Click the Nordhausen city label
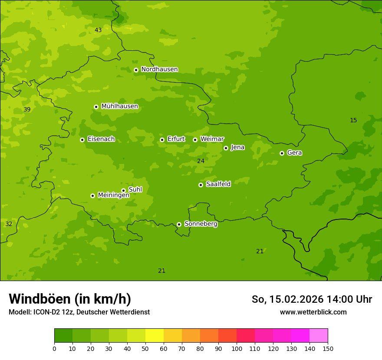[159, 69]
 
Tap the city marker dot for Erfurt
[162, 140]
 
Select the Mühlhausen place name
[119, 106]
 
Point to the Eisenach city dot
[82, 140]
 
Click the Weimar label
[212, 139]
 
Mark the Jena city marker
[226, 148]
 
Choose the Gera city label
[294, 153]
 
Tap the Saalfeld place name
[218, 184]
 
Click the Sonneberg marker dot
[179, 224]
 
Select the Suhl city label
[135, 190]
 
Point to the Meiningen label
[113, 195]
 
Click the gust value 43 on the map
[98, 30]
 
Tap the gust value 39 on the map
[27, 109]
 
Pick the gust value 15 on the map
[353, 120]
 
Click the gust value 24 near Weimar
[201, 161]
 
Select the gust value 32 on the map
[9, 224]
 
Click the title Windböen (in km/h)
[70, 299]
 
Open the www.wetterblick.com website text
[313, 312]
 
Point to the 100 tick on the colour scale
[237, 348]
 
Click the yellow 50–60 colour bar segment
[155, 335]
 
